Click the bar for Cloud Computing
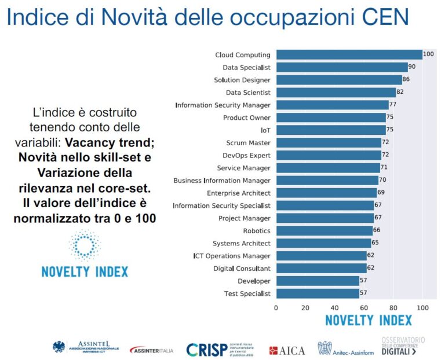pyautogui.click(x=349, y=55)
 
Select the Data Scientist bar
pyautogui.click(x=336, y=93)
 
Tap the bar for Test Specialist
pyautogui.click(x=318, y=293)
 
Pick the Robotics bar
pyautogui.click(x=324, y=231)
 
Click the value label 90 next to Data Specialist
pyautogui.click(x=412, y=67)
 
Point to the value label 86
pyautogui.click(x=406, y=80)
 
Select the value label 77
pyautogui.click(x=393, y=105)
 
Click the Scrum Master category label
pyautogui.click(x=248, y=143)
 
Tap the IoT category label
pyautogui.click(x=265, y=130)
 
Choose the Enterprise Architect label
pyautogui.click(x=238, y=193)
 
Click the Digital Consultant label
pyautogui.click(x=242, y=269)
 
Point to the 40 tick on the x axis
pyautogui.click(x=335, y=307)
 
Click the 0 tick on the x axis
pyautogui.click(x=276, y=307)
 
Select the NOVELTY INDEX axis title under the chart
pyautogui.click(x=369, y=320)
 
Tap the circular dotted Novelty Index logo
pyautogui.click(x=85, y=245)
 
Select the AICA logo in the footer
pyautogui.click(x=287, y=350)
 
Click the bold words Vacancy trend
pyautogui.click(x=102, y=142)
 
